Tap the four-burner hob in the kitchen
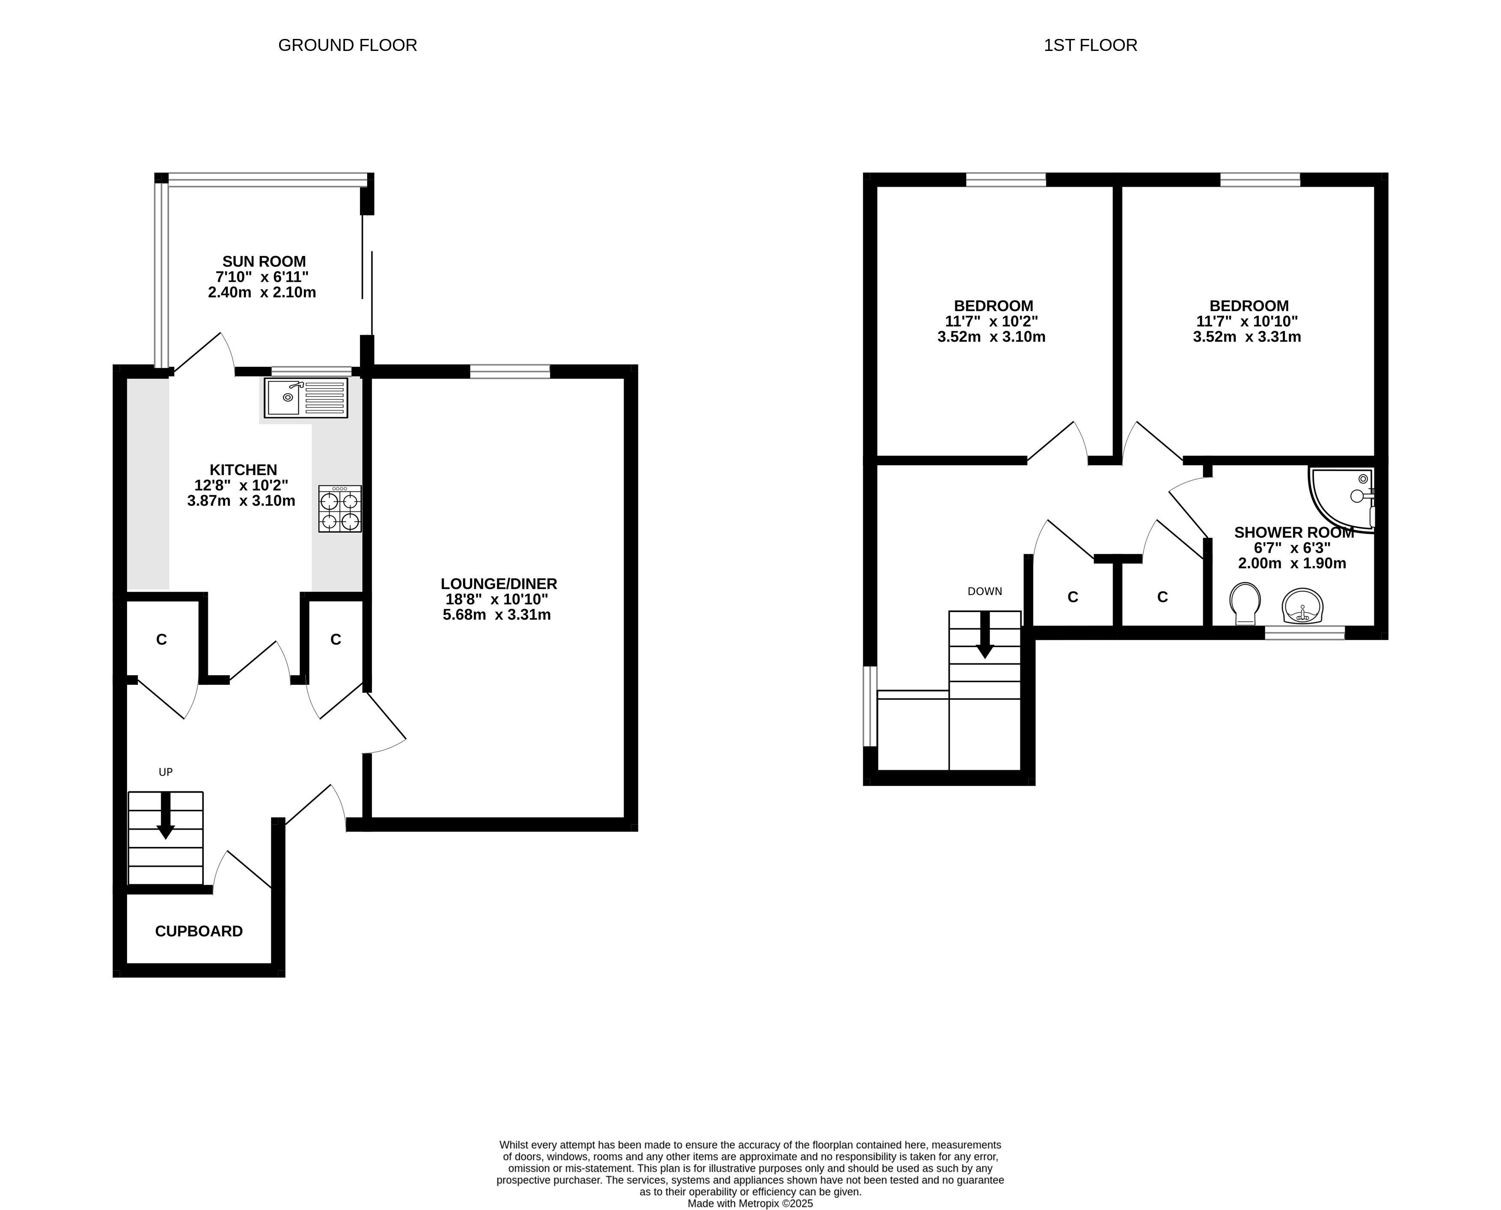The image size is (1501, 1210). pos(340,509)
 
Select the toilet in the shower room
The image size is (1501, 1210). pos(1245,604)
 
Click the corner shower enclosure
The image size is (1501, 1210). pos(1341,500)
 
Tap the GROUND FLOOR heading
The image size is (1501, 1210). pos(348,45)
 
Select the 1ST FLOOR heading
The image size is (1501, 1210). pos(1091,45)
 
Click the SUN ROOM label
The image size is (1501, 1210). pos(264,262)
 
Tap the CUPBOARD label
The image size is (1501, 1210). pos(199,931)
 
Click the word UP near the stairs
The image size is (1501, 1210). pos(166,772)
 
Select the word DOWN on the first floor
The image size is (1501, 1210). pos(985,591)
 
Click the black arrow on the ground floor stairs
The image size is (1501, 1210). pos(166,815)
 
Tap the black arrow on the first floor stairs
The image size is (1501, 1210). pos(985,635)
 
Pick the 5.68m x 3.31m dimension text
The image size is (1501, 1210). pos(497,615)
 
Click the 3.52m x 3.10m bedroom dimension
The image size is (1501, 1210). pos(992,337)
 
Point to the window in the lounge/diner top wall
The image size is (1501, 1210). pos(510,372)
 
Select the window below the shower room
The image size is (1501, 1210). pos(1305,633)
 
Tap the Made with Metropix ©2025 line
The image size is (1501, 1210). pos(751,1203)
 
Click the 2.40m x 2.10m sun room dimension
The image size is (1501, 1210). pos(262,293)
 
